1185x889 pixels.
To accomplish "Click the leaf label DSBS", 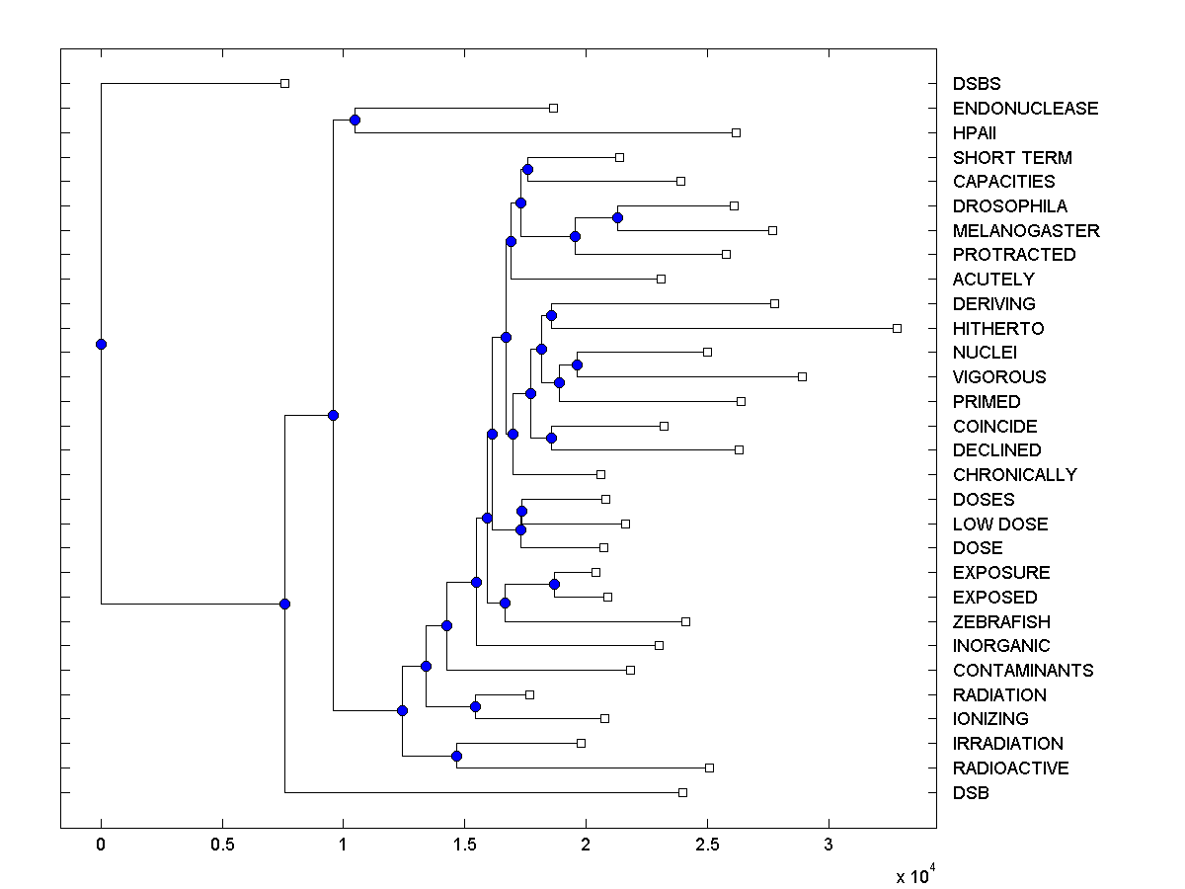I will coord(976,84).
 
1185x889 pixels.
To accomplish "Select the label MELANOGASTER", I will coord(1026,230).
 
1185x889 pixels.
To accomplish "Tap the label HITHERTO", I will coord(998,328).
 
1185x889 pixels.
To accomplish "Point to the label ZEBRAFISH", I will coord(1001,621).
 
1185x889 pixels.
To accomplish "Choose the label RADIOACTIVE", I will coord(1010,768).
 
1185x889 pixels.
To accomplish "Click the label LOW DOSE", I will coord(1000,524).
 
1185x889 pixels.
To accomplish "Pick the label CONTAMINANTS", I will coord(1023,670).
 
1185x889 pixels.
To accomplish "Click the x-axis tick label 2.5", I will coord(707,847).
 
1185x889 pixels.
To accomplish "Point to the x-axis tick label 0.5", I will coord(222,847).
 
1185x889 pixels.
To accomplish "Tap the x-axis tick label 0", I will coord(101,847).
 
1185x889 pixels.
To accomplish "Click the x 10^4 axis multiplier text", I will coord(915,876).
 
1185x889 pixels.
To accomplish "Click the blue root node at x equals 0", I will coord(101,344).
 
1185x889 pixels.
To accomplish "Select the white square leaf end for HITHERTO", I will coord(897,328).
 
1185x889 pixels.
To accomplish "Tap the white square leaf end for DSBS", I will coord(284,84).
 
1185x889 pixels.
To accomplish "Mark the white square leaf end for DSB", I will coord(682,792).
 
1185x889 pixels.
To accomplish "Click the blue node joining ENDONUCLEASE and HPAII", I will coord(355,120).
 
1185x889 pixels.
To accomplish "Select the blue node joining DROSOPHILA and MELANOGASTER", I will coord(617,217).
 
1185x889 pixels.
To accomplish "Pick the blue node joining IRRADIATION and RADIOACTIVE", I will coord(456,756).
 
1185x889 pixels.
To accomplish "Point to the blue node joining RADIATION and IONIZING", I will coord(475,706).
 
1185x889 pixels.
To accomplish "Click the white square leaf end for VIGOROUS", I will coord(802,376).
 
